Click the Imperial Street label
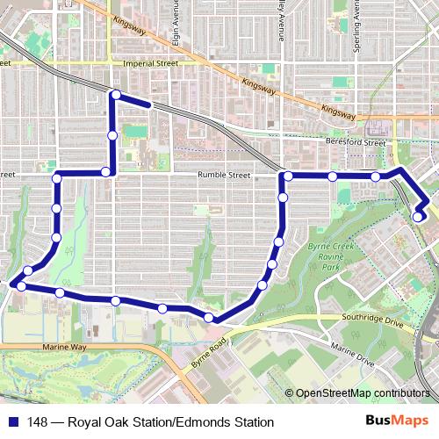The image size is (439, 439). (152, 63)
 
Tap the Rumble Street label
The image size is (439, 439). (224, 175)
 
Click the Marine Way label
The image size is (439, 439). (67, 348)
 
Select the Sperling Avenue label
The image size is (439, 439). (356, 26)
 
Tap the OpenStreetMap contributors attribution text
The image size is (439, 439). (363, 392)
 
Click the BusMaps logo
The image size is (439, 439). (403, 421)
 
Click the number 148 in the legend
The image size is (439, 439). (38, 421)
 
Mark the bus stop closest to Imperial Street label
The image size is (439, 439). (115, 94)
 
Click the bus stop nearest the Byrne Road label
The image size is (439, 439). (209, 317)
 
